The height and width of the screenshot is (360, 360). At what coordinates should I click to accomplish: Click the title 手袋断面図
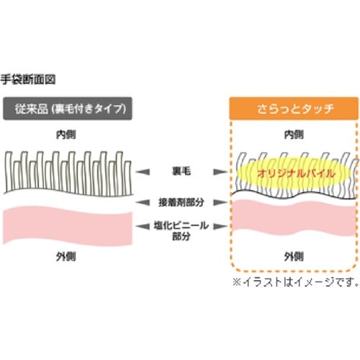[28, 79]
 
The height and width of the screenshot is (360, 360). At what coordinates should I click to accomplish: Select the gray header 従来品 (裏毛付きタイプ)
[68, 109]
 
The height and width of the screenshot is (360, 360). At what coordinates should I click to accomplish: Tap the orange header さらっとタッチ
[294, 109]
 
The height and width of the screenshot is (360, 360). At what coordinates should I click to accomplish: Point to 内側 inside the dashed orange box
[294, 135]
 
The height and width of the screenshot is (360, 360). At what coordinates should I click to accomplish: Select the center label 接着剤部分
[180, 202]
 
